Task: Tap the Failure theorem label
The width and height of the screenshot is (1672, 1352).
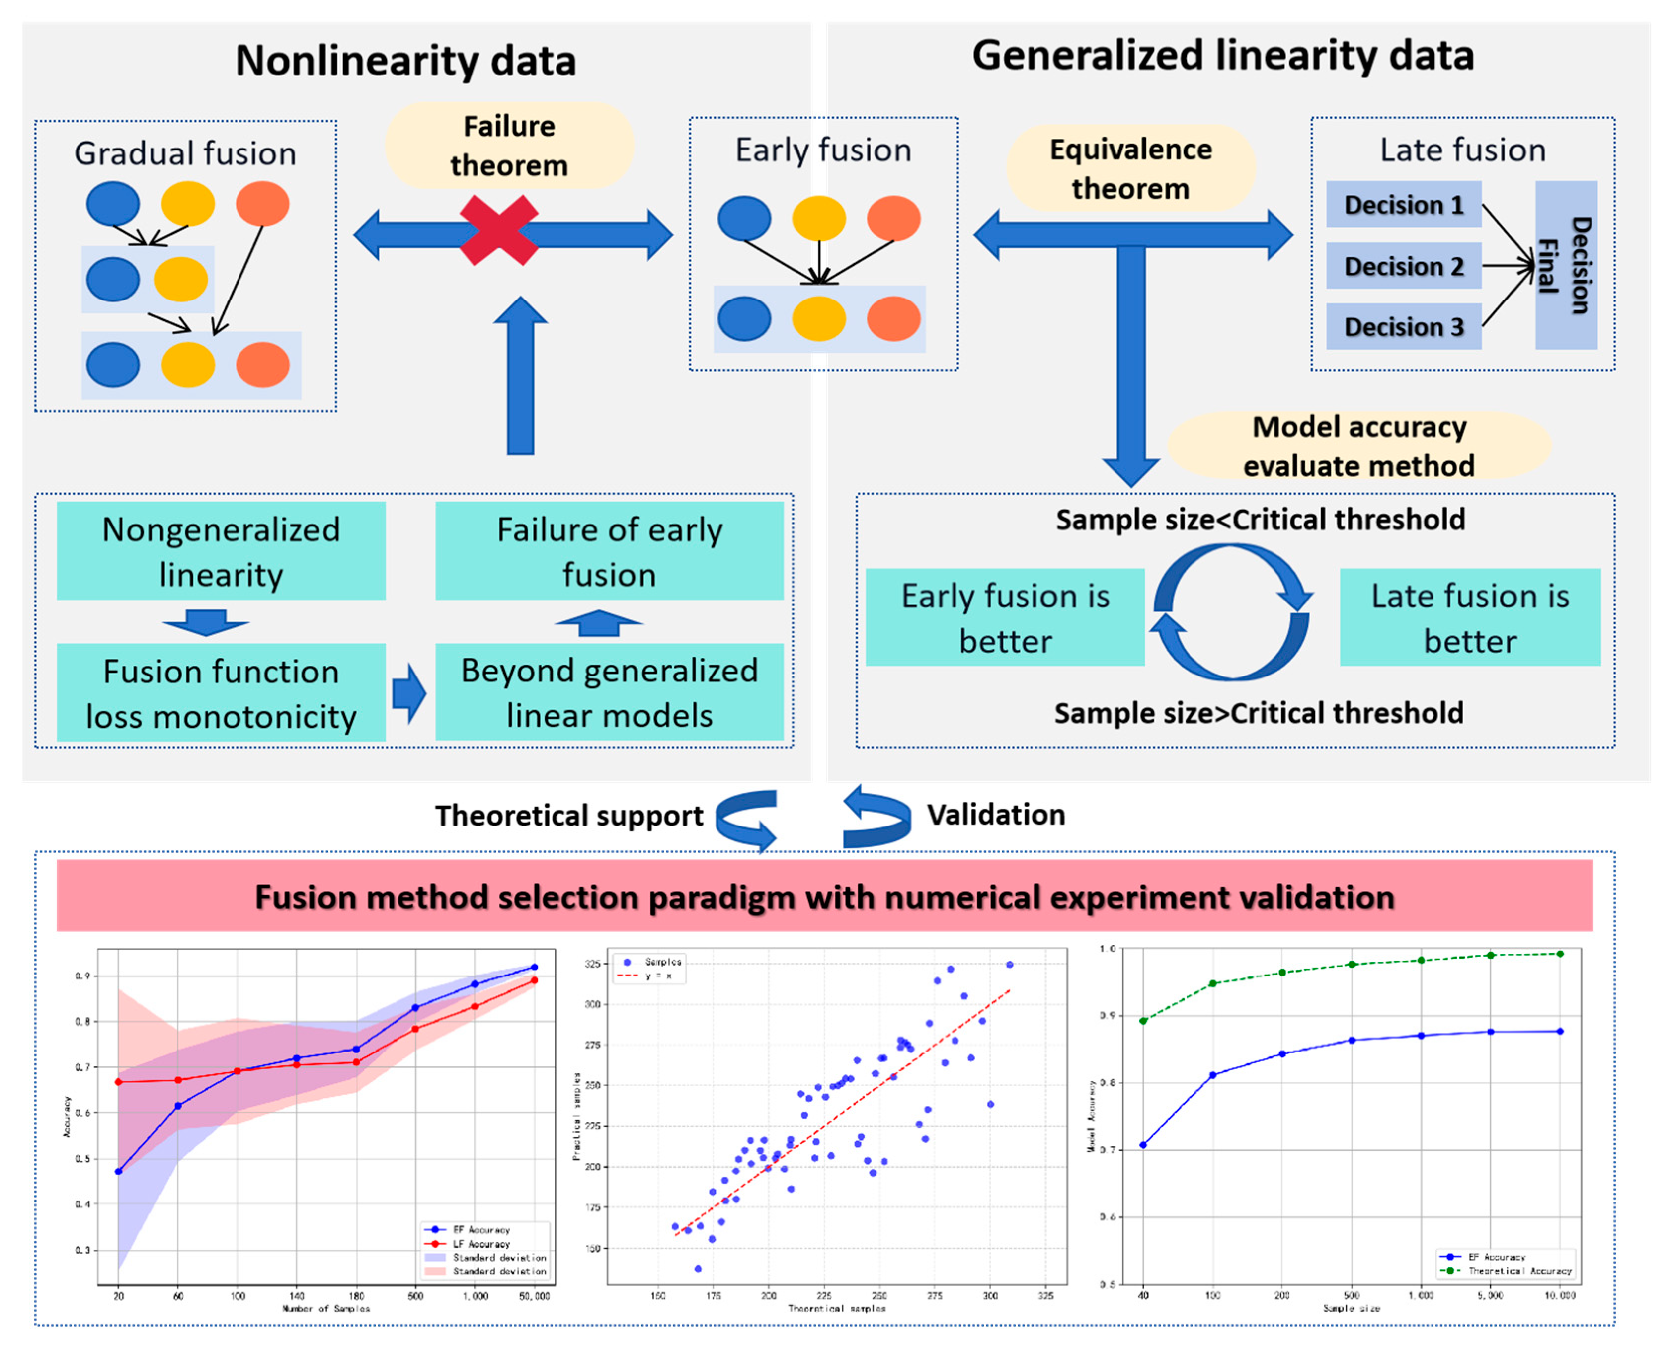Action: pyautogui.click(x=509, y=146)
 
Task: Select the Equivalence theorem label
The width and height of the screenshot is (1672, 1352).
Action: pyautogui.click(x=1130, y=168)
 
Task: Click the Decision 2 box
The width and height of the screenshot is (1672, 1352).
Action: pyautogui.click(x=1403, y=266)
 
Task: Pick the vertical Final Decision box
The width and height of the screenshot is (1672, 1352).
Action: pyautogui.click(x=1565, y=266)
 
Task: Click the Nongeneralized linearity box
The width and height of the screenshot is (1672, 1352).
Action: pyautogui.click(x=221, y=551)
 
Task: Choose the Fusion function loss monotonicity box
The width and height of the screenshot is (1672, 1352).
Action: pyautogui.click(x=221, y=693)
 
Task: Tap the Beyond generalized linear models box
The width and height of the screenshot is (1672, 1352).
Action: pyautogui.click(x=609, y=692)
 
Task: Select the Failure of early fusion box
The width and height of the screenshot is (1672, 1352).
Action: pyautogui.click(x=609, y=551)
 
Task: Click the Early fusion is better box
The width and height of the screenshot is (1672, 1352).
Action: pyautogui.click(x=1005, y=617)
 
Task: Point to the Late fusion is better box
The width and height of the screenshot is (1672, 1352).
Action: pyautogui.click(x=1469, y=617)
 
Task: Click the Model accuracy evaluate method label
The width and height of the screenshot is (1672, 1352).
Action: pyautogui.click(x=1359, y=446)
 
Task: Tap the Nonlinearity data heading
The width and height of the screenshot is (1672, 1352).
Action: pyautogui.click(x=406, y=61)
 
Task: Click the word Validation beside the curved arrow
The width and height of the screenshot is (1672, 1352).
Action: pyautogui.click(x=996, y=815)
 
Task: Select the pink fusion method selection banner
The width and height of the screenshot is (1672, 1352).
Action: pyautogui.click(x=824, y=897)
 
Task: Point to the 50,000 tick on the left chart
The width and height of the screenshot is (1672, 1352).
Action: pyautogui.click(x=535, y=1296)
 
